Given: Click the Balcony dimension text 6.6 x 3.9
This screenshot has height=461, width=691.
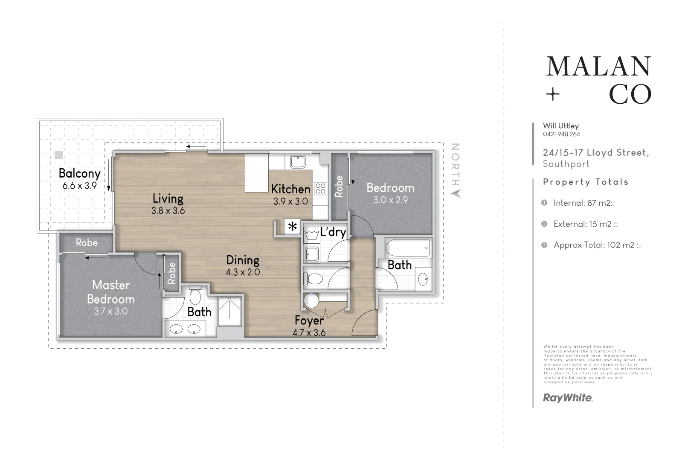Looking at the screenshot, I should point(79,186).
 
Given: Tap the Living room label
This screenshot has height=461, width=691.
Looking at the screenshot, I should point(168,198).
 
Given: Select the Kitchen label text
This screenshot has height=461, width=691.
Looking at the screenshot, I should point(290,189).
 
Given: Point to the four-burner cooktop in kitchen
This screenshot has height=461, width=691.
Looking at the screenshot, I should point(320,188).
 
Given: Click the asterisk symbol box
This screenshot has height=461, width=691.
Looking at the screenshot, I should point(293,227).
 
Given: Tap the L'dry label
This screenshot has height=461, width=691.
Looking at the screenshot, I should point(333,232).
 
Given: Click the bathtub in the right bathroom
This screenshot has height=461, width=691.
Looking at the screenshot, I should point(408,247).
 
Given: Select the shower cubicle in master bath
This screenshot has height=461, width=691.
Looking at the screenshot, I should point(229,311).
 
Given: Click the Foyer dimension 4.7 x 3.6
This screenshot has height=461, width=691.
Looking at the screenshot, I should point(309,333).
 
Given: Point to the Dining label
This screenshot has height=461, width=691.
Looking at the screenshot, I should point(243,260).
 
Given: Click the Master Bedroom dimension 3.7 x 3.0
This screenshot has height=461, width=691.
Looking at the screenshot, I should point(111,311).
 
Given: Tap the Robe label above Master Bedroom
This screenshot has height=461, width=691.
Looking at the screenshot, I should point(87,243).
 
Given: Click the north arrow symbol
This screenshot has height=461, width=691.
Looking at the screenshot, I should point(456,193).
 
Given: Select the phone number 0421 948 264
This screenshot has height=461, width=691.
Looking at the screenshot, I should point(561,134).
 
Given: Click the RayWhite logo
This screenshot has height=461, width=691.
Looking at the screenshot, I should point(567,398).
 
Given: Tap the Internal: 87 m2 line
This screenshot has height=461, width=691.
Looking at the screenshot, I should point(584,203).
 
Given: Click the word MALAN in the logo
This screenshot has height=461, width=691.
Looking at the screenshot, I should point(598,67).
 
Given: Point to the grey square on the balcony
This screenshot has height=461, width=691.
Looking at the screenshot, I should point(59,155).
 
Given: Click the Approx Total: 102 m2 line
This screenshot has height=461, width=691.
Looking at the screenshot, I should point(597,245).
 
